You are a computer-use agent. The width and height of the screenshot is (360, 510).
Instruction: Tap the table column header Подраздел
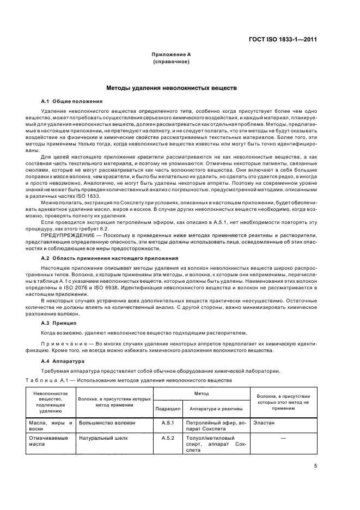168,408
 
